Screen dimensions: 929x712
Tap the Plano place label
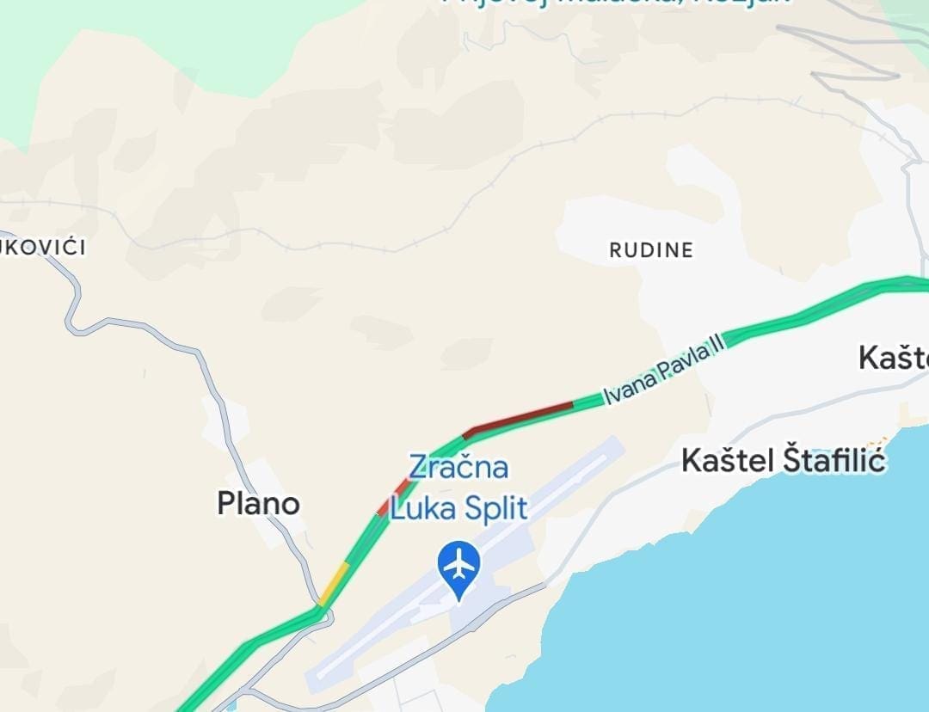point(258,503)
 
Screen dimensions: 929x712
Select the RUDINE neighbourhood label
point(651,250)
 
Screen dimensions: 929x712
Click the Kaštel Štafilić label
point(783,461)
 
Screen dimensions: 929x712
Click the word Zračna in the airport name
point(458,468)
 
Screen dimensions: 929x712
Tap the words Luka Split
point(458,508)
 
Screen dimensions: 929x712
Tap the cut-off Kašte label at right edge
point(895,358)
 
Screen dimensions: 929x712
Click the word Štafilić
point(834,461)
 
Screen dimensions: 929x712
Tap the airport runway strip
point(464,559)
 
